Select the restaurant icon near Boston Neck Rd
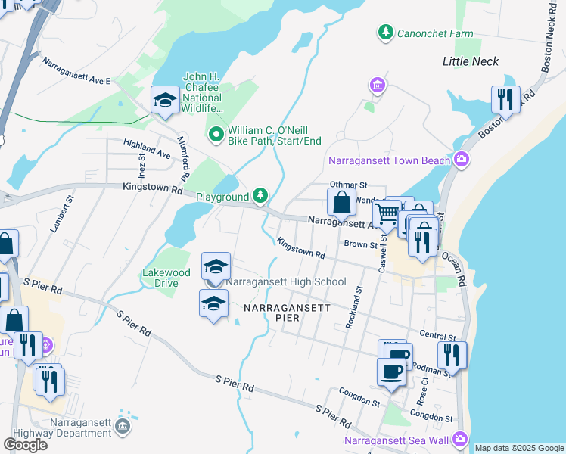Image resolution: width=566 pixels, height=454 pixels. [x=505, y=99]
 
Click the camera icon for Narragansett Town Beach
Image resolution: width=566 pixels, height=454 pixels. [x=461, y=160]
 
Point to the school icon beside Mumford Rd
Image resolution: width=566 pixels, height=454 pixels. [x=164, y=100]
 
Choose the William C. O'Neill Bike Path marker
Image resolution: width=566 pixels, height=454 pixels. [x=216, y=135]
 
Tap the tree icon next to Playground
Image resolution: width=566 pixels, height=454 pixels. [x=260, y=197]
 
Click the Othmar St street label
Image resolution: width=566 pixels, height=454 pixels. [x=348, y=185]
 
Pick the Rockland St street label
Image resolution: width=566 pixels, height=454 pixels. [x=353, y=307]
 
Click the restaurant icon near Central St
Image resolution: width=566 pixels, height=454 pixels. [x=451, y=354]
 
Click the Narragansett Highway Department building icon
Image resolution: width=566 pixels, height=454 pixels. [x=123, y=428]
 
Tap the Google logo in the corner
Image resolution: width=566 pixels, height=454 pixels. [x=25, y=444]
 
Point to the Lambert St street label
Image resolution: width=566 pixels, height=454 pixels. [x=60, y=216]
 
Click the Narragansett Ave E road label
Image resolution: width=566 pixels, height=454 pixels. [x=76, y=71]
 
